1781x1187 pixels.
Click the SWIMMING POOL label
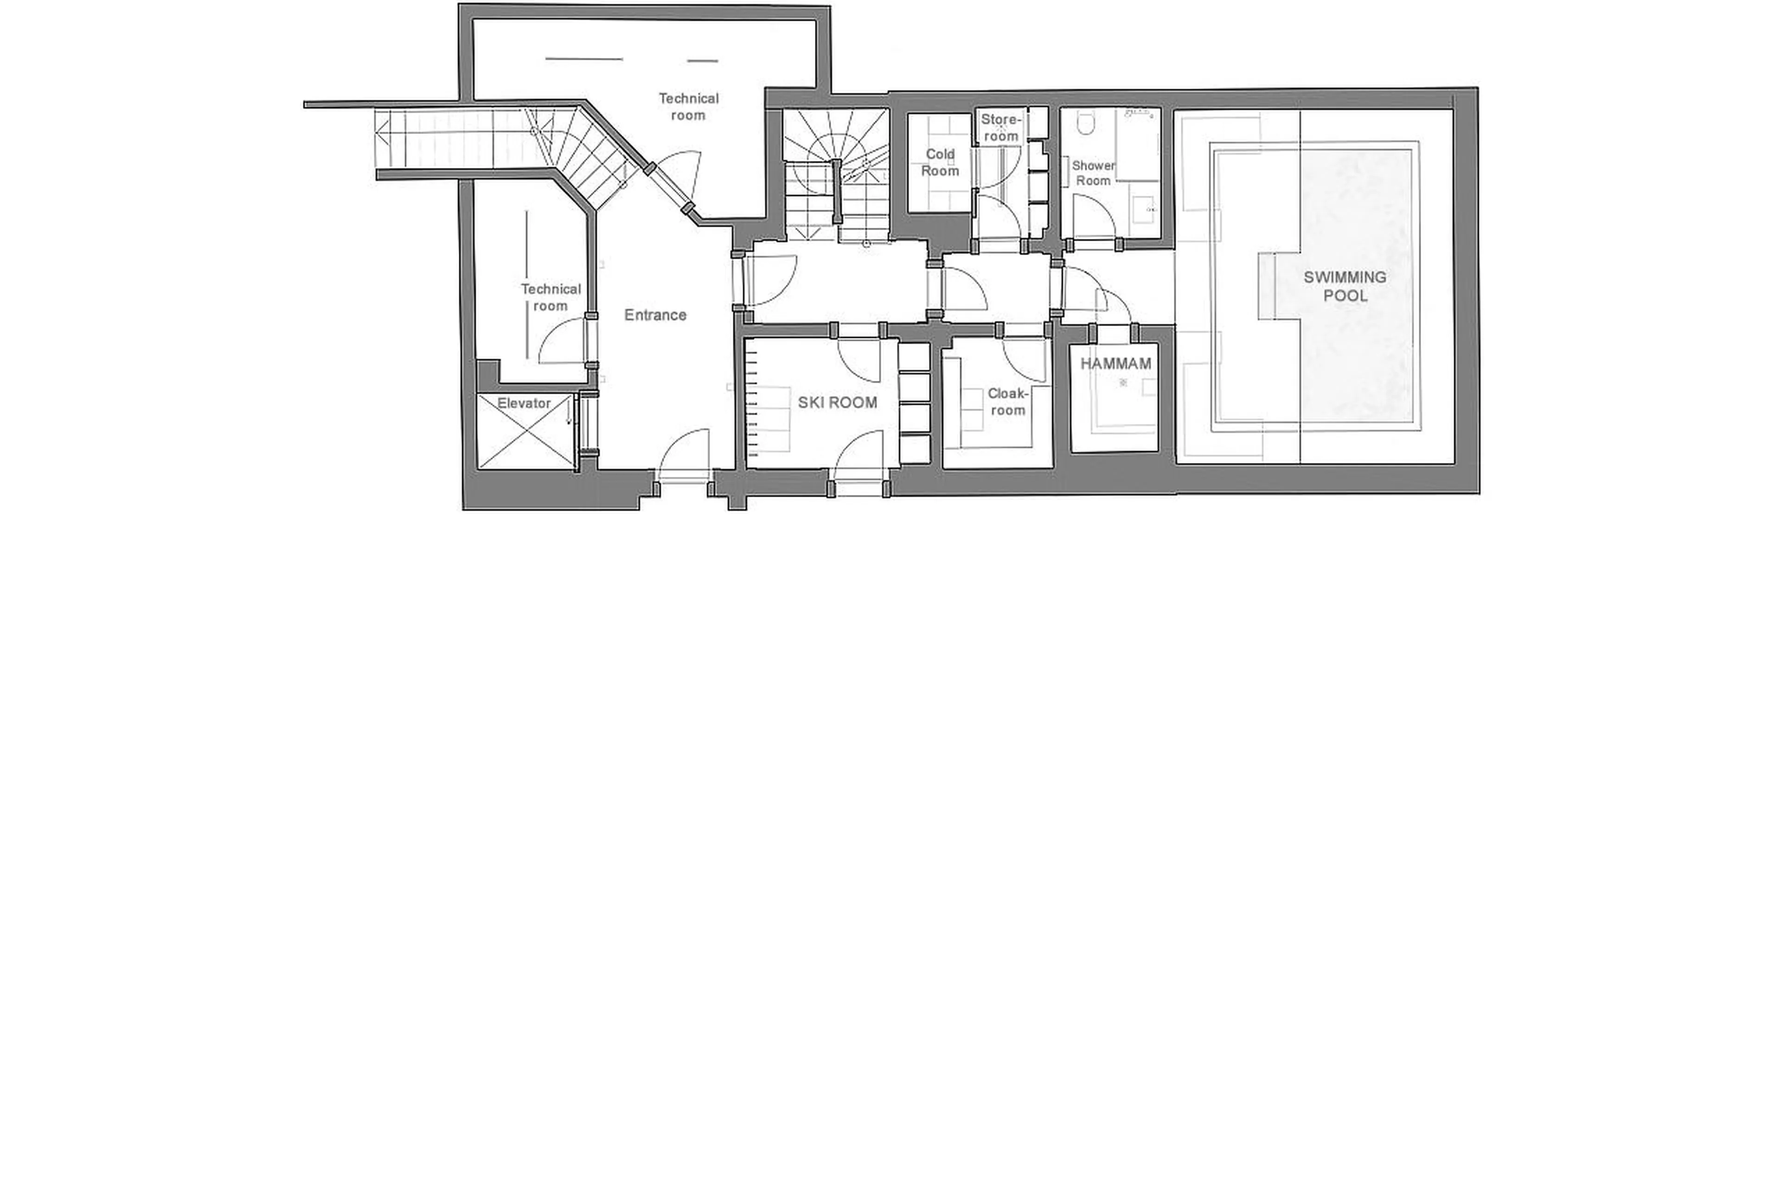(1344, 286)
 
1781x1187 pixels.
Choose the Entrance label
(655, 315)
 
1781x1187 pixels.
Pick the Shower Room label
(1093, 173)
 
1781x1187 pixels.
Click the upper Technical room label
(688, 107)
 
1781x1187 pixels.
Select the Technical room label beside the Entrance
(550, 297)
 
